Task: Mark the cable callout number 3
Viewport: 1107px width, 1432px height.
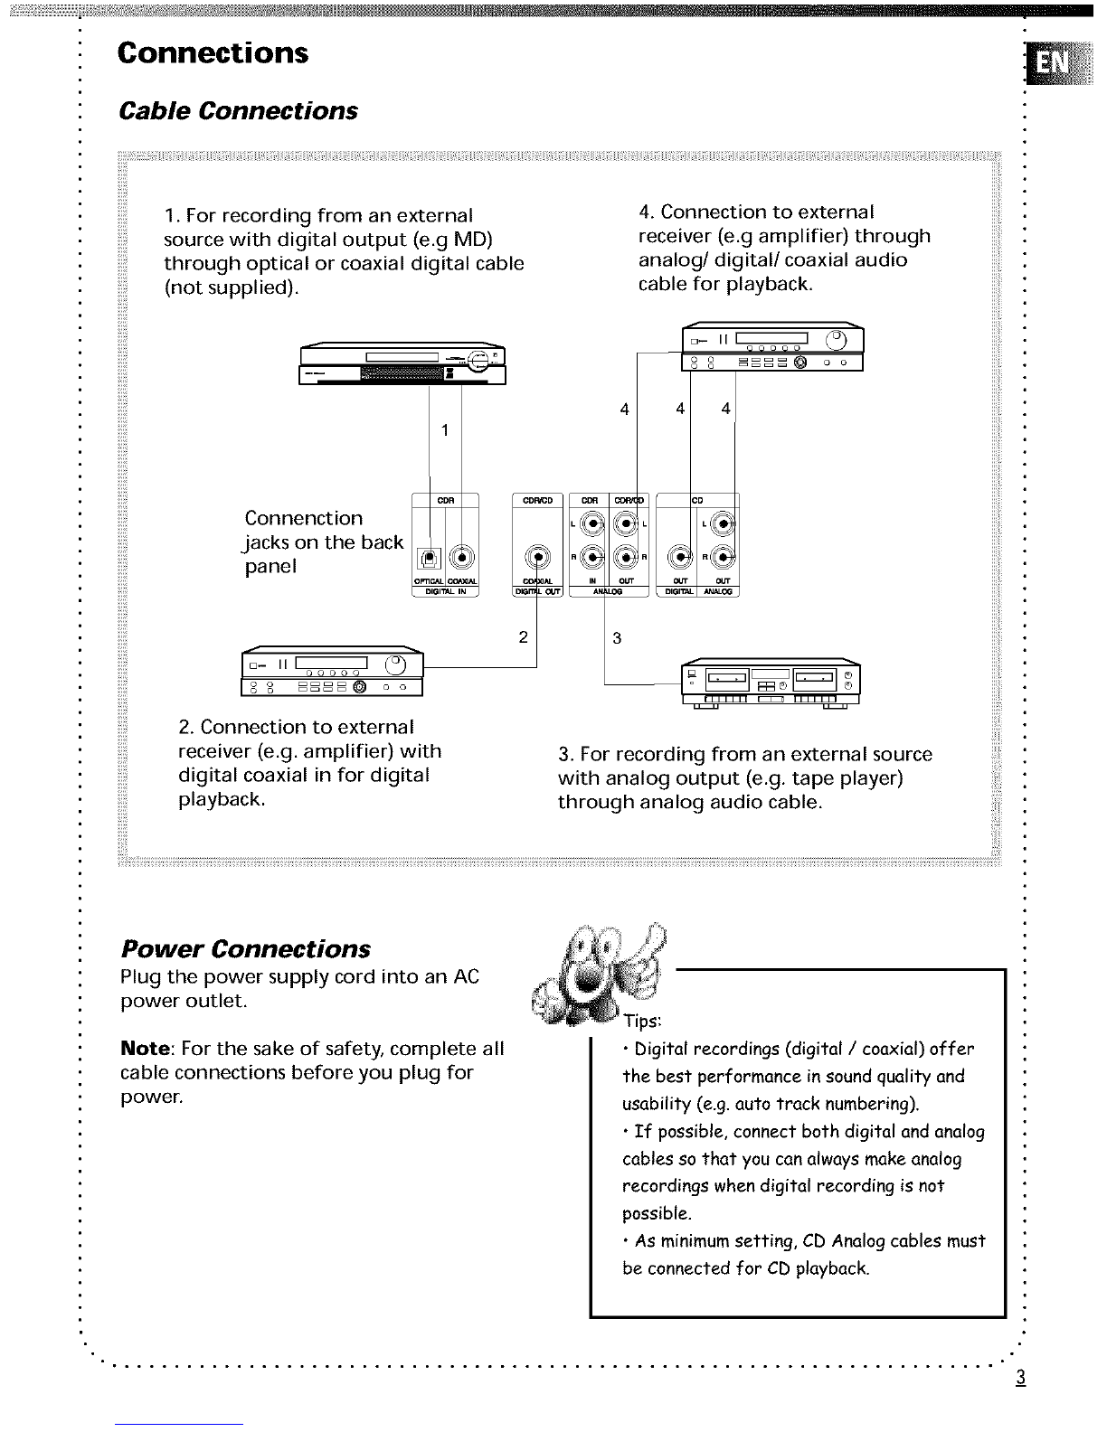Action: (617, 638)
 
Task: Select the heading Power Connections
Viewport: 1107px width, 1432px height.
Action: (245, 949)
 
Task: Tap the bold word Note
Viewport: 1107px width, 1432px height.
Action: (147, 1049)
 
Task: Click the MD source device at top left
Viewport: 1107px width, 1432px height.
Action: (402, 364)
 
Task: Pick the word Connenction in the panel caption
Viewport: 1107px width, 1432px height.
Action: (303, 518)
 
